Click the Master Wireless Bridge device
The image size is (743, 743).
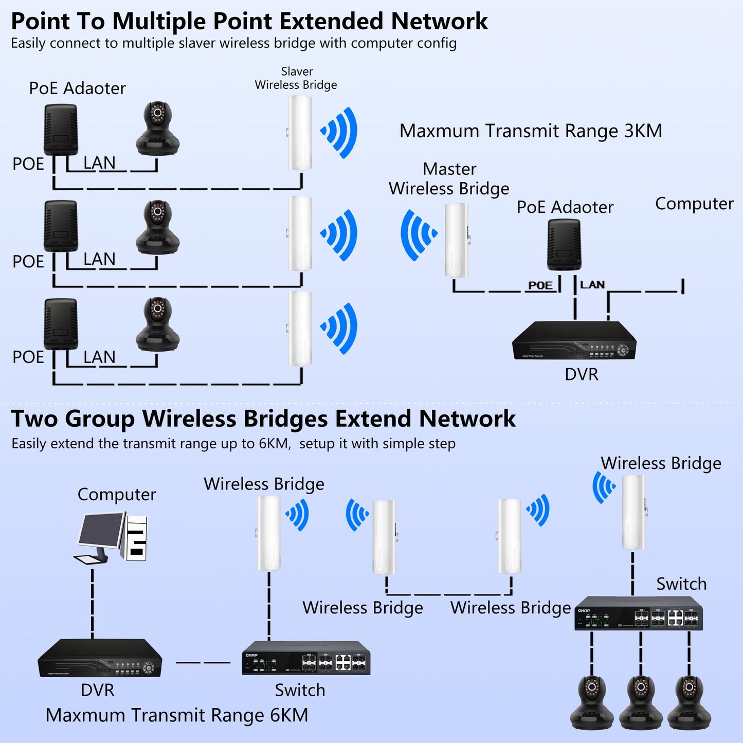(456, 240)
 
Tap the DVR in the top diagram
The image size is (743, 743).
(574, 341)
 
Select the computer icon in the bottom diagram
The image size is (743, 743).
(112, 537)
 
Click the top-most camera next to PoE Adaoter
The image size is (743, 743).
(158, 128)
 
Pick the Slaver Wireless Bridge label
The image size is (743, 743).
(296, 78)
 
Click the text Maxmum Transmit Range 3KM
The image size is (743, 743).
(530, 131)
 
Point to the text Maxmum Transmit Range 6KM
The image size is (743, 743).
(176, 715)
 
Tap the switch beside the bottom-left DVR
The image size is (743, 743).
(306, 658)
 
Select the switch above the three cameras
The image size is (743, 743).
(638, 613)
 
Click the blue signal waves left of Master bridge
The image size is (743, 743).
(418, 234)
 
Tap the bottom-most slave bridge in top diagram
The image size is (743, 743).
(300, 329)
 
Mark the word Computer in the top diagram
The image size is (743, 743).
(694, 204)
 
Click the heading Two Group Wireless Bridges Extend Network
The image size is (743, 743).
(263, 419)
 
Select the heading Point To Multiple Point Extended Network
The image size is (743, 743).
(249, 22)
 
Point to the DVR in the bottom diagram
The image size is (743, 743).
(100, 658)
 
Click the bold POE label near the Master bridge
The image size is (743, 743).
(540, 285)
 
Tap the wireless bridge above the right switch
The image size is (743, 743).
(633, 512)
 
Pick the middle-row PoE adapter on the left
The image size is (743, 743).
(61, 226)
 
